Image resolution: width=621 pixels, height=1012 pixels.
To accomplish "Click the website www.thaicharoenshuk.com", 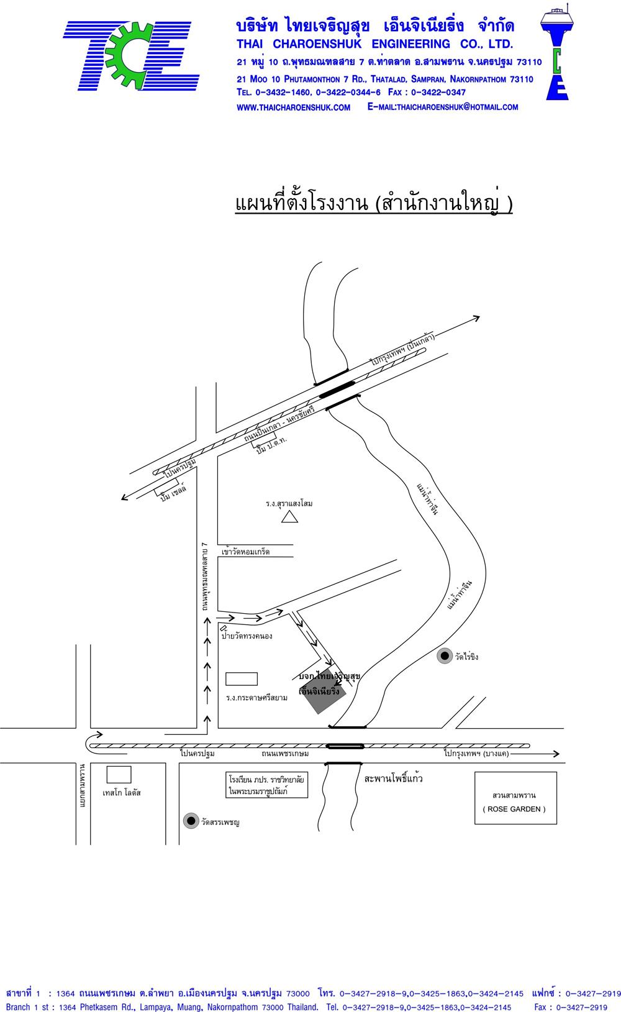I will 294,107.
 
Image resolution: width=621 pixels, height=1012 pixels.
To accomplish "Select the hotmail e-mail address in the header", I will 443,107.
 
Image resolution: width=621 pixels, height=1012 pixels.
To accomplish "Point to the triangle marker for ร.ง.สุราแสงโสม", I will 289,516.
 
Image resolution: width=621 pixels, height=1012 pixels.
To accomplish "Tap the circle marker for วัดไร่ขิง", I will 444,656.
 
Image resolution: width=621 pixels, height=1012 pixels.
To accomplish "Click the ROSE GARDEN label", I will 514,809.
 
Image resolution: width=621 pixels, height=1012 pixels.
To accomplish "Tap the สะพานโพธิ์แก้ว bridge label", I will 394,778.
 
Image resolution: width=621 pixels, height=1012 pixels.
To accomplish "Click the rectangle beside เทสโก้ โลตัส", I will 119,774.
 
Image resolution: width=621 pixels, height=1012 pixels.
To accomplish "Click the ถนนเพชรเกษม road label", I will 286,754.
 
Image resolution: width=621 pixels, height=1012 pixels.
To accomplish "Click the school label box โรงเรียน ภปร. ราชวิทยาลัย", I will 266,785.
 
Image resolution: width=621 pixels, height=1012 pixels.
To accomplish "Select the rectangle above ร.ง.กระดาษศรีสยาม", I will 241,678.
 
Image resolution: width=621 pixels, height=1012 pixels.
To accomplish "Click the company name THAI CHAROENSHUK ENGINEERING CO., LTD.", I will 374,44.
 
